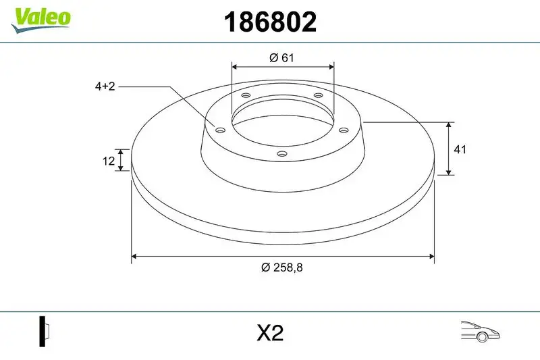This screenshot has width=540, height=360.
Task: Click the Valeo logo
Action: pos(40,17)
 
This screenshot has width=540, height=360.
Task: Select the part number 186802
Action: pos(269,22)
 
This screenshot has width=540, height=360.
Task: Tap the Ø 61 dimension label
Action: pos(282,58)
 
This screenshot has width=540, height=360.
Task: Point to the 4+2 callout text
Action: pos(105,86)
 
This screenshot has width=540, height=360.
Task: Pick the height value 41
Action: pos(462,149)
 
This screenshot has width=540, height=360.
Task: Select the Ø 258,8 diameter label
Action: pos(282,267)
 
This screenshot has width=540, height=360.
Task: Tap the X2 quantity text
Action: pos(269,333)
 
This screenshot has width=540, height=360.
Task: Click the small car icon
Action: pos(479,331)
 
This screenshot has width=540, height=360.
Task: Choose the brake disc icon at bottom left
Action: pos(45,332)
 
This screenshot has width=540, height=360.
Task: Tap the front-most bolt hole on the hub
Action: pos(282,155)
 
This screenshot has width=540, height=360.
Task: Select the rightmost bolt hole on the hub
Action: pos(343,130)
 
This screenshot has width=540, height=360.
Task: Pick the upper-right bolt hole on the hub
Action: pos(318,96)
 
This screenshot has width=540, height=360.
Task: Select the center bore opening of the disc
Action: pos(282,122)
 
